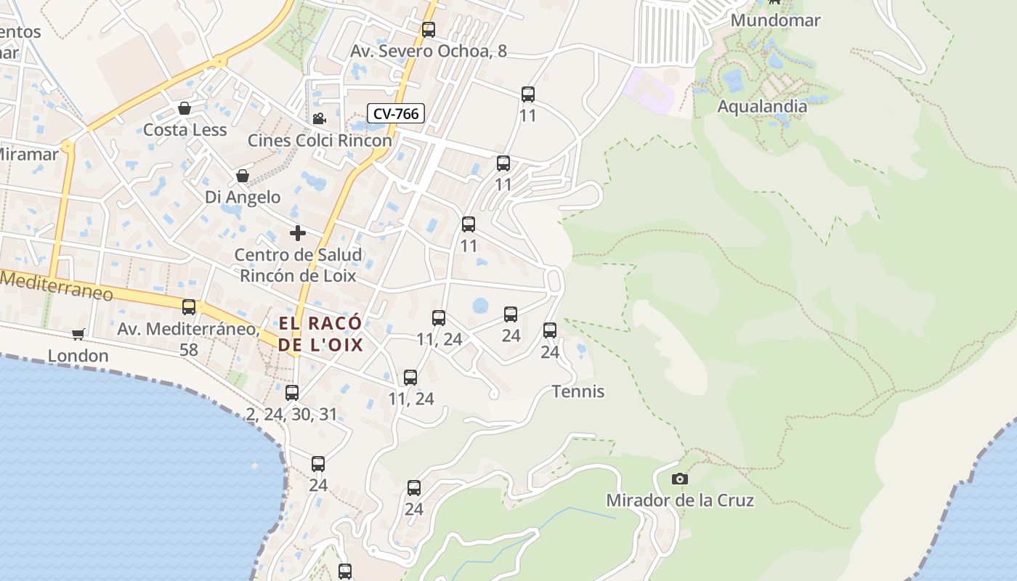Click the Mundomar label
pyautogui.click(x=775, y=20)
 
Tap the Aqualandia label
pyautogui.click(x=762, y=107)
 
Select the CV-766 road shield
pyautogui.click(x=396, y=113)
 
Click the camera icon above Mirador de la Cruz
pyautogui.click(x=680, y=479)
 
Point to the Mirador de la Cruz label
pyautogui.click(x=680, y=500)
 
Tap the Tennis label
pyautogui.click(x=578, y=391)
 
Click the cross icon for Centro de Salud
pyautogui.click(x=298, y=233)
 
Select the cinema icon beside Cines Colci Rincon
pyautogui.click(x=319, y=118)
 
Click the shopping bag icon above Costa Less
pyautogui.click(x=185, y=108)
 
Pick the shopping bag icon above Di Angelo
pyautogui.click(x=243, y=176)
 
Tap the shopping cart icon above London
pyautogui.click(x=78, y=334)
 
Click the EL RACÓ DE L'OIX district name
pyautogui.click(x=320, y=334)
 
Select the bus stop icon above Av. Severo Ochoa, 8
pyautogui.click(x=429, y=30)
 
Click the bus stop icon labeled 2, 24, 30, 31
pyautogui.click(x=292, y=393)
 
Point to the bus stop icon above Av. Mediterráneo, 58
pyautogui.click(x=189, y=306)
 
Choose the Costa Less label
pyautogui.click(x=185, y=130)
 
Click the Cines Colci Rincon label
pyautogui.click(x=320, y=140)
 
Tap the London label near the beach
pyautogui.click(x=78, y=356)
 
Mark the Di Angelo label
pyautogui.click(x=243, y=197)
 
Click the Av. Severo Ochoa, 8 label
pyautogui.click(x=429, y=51)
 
